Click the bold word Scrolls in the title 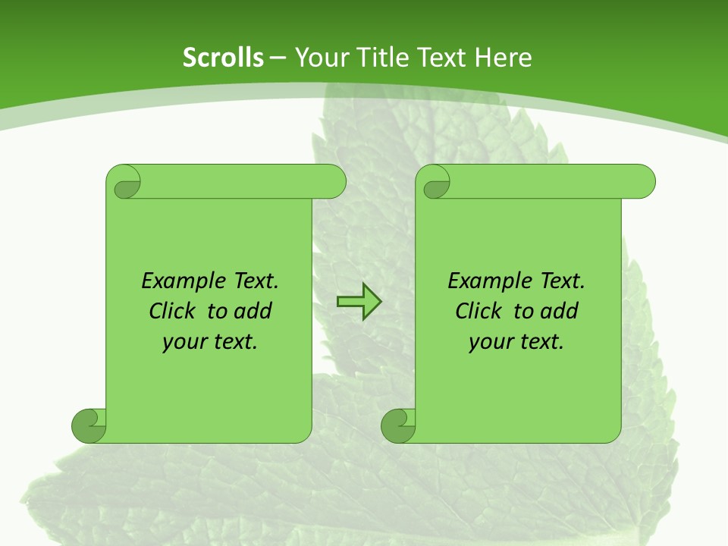click(223, 58)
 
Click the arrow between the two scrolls click(359, 302)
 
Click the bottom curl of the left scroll click(88, 425)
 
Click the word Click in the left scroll click(174, 311)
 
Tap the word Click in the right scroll click(481, 311)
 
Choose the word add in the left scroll click(253, 311)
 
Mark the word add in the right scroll click(559, 311)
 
